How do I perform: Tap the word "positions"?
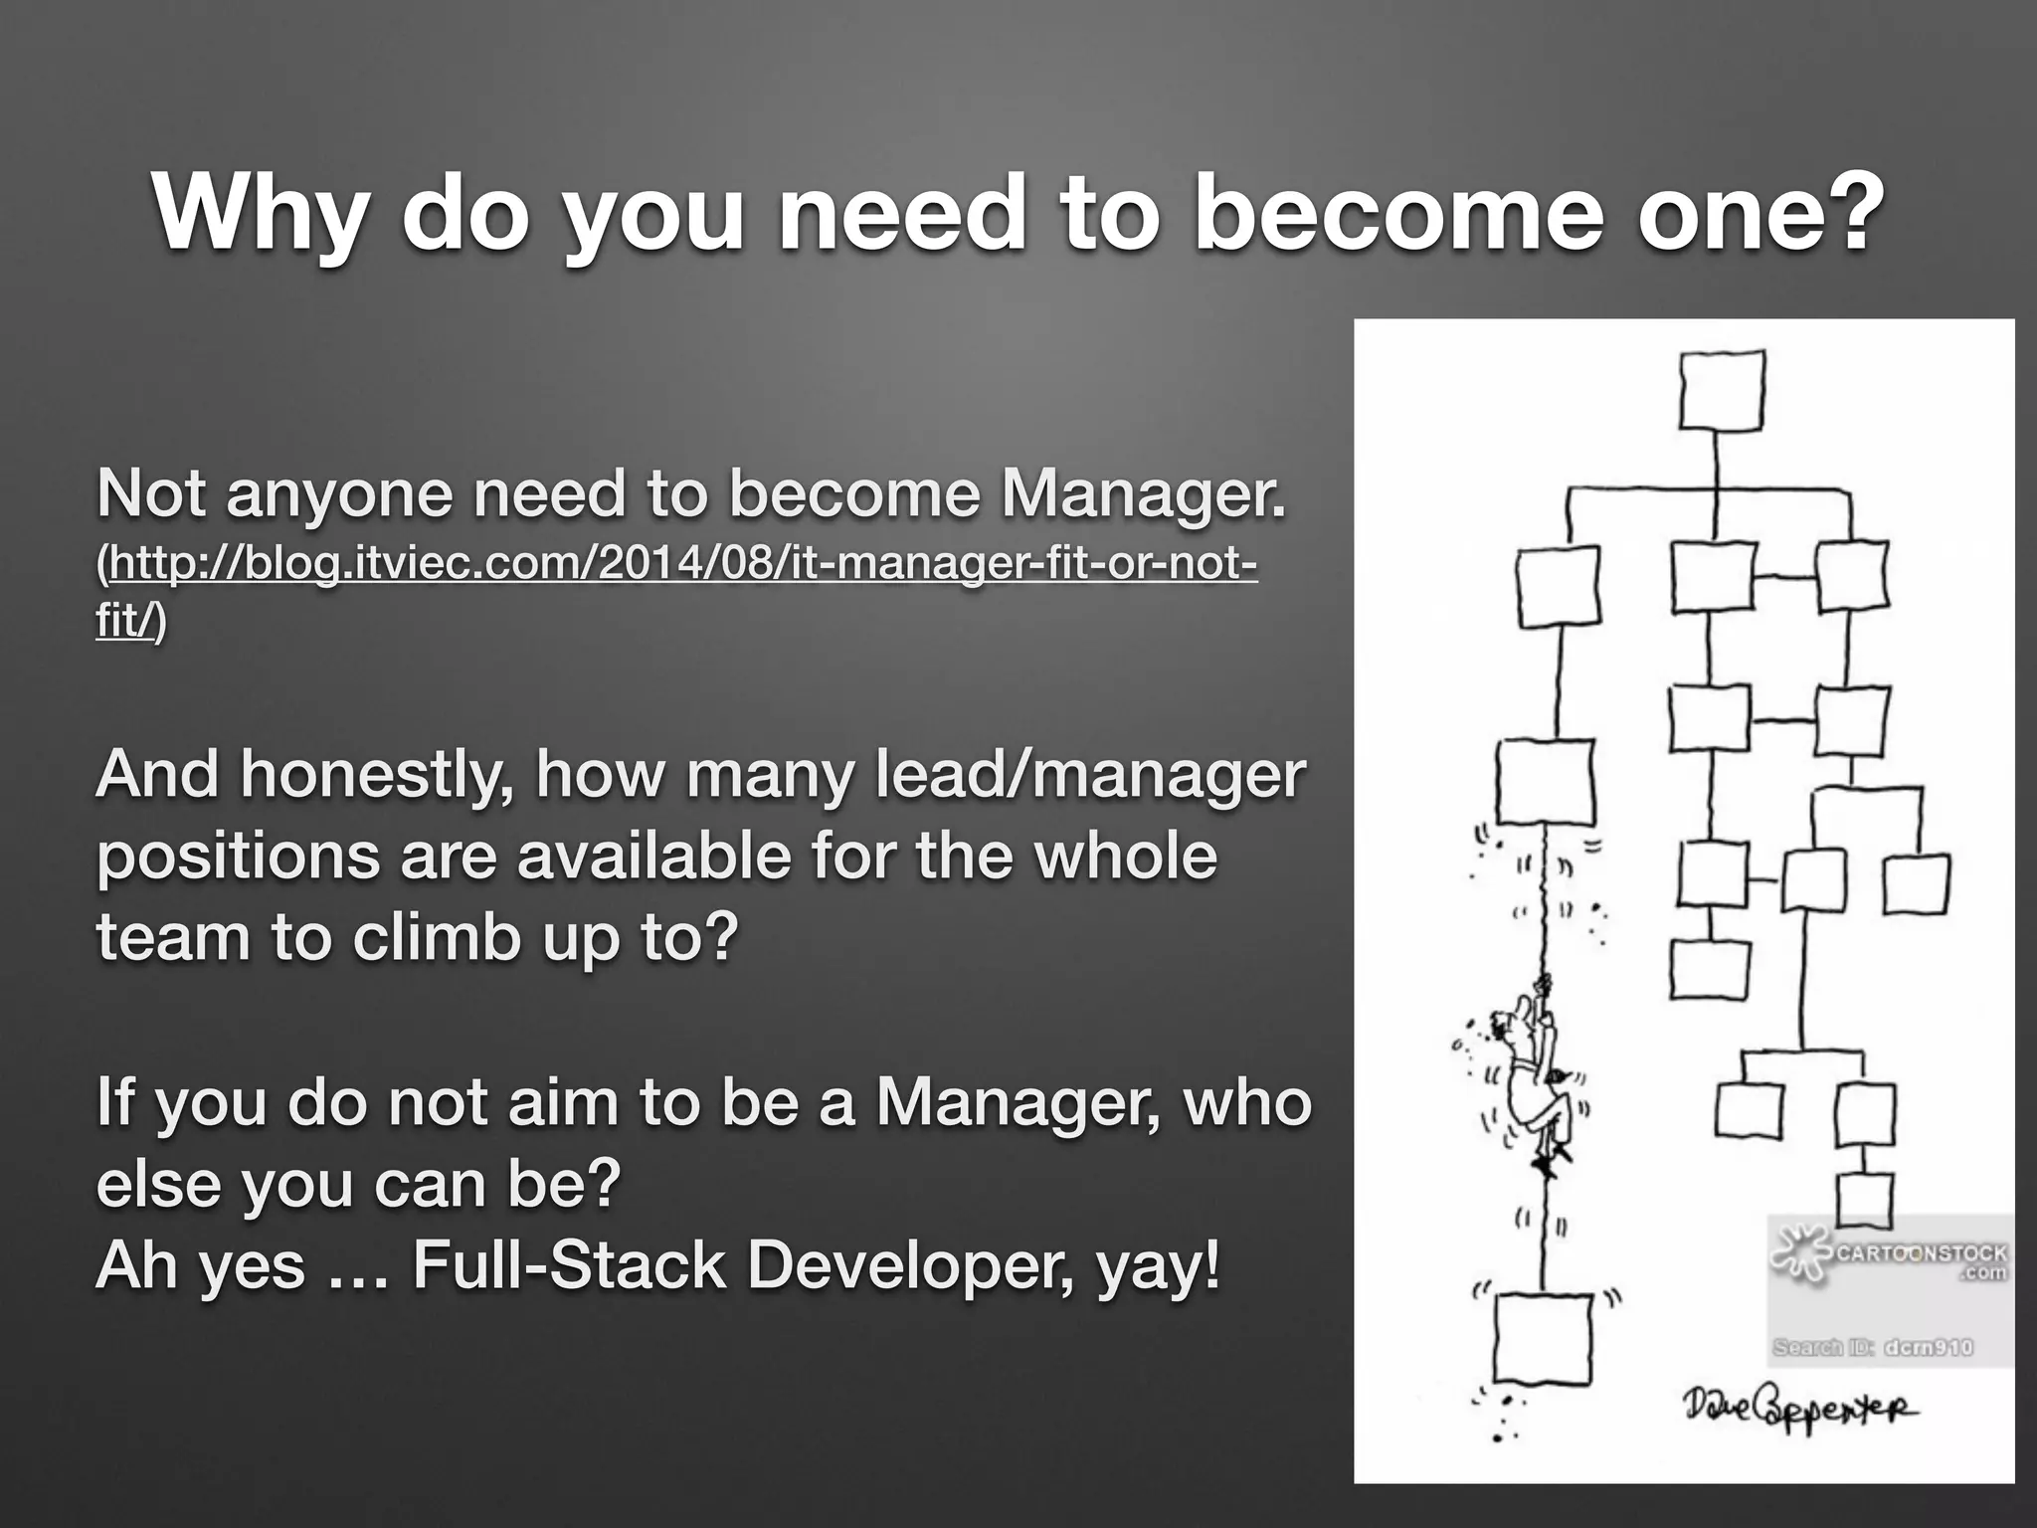[239, 858]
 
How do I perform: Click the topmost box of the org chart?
[1722, 392]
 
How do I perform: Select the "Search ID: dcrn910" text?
[1872, 1347]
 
